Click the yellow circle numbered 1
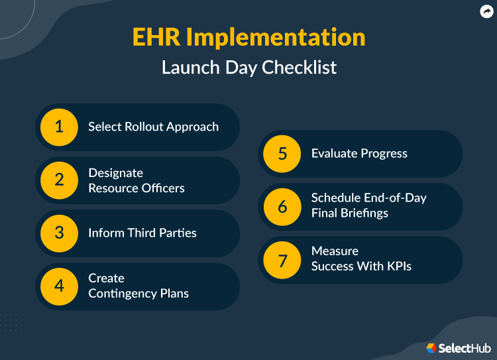[x=59, y=127]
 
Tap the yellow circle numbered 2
[x=59, y=180]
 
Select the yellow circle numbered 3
[x=59, y=233]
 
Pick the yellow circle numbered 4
[x=59, y=286]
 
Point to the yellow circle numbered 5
[x=282, y=154]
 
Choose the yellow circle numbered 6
[x=282, y=207]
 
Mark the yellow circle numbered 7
[x=282, y=260]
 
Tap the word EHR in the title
[x=156, y=37]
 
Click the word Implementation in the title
[x=275, y=37]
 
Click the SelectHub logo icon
[x=431, y=348]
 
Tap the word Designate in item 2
[x=115, y=173]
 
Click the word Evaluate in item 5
[x=334, y=154]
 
